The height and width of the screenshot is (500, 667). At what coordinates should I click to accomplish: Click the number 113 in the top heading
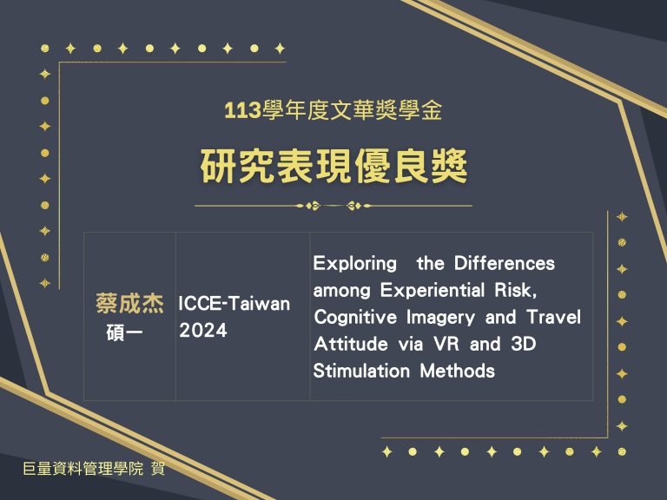[x=242, y=111]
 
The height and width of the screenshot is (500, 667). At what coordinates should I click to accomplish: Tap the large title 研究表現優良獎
[x=333, y=166]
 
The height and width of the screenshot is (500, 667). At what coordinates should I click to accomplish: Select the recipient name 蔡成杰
[x=129, y=304]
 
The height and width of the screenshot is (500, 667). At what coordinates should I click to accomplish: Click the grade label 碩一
[x=124, y=332]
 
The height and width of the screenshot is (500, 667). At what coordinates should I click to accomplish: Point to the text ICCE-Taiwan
[x=234, y=304]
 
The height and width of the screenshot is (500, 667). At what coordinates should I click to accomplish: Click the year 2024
[x=203, y=331]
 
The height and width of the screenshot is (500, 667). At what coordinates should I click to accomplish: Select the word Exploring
[x=354, y=264]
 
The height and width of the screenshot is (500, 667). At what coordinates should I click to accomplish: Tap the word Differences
[x=505, y=264]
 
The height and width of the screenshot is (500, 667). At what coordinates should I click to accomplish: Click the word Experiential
[x=433, y=291]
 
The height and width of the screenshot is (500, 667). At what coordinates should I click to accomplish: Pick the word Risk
[x=515, y=291]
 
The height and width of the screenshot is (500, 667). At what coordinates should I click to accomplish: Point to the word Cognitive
[x=355, y=318]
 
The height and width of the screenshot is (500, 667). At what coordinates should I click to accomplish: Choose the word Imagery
[x=440, y=318]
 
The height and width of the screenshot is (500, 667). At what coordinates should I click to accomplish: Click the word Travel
[x=554, y=317]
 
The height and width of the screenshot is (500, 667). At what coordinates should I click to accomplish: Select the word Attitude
[x=351, y=344]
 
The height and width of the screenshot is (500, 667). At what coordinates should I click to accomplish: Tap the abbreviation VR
[x=446, y=344]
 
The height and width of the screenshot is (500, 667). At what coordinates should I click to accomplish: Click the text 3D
[x=523, y=344]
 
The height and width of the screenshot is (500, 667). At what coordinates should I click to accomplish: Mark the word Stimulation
[x=361, y=371]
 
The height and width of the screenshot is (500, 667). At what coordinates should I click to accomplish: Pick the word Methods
[x=458, y=371]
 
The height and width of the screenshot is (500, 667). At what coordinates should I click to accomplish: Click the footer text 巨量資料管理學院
[x=83, y=469]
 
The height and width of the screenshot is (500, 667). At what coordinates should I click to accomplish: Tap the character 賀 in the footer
[x=158, y=469]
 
